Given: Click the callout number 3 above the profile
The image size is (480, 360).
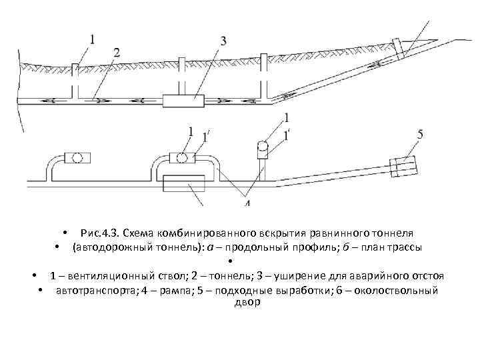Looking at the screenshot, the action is point(222,40).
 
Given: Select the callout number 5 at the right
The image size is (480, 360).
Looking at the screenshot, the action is point(420,135).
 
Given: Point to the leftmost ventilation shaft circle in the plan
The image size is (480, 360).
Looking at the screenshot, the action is point(77,158).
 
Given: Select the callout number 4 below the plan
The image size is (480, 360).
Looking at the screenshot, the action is point(247,202).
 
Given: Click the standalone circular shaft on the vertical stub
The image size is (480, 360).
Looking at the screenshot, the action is point(263,147).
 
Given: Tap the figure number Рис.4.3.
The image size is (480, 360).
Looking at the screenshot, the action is point(98,233).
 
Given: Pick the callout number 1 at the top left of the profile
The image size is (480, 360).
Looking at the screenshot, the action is point(92,38).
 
